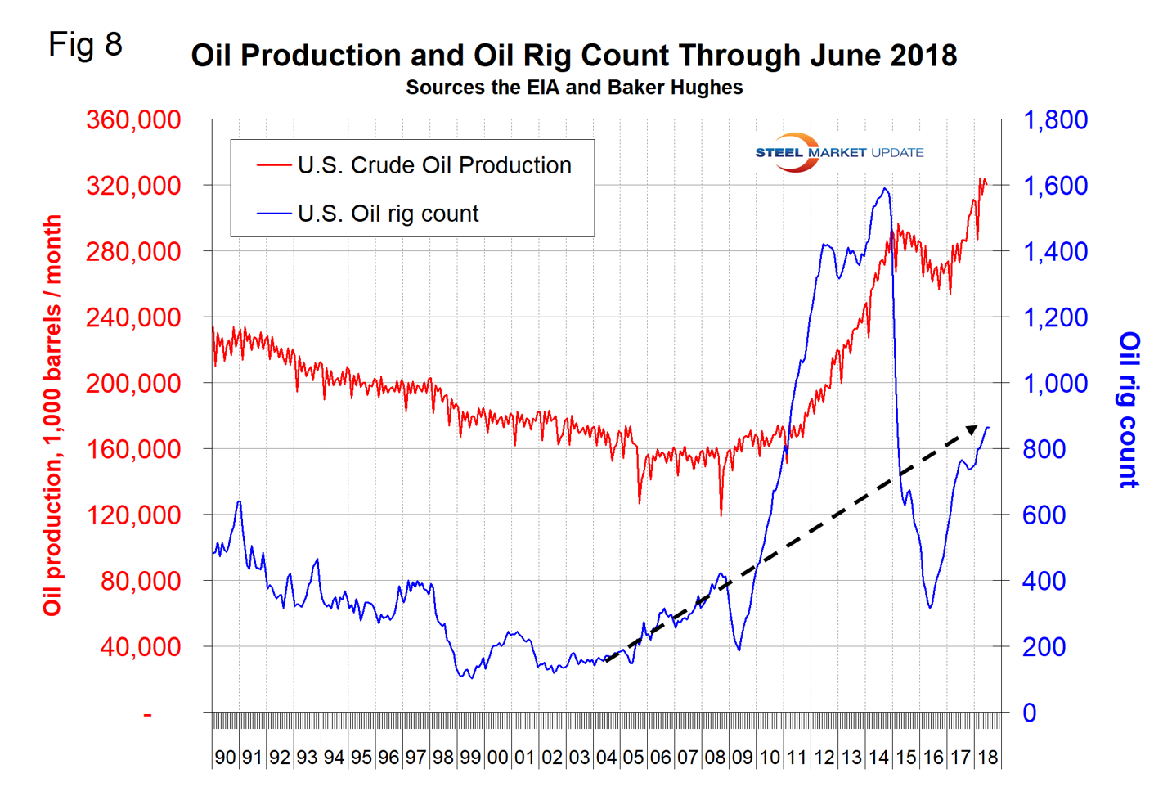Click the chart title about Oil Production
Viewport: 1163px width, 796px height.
click(x=573, y=56)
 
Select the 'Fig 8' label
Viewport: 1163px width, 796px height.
click(x=85, y=44)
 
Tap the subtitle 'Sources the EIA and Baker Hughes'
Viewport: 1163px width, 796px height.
click(x=573, y=88)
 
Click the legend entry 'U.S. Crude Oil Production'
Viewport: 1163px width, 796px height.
click(x=433, y=165)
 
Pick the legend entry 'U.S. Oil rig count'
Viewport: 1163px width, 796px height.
click(x=388, y=214)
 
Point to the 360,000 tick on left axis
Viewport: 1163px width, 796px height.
click(x=133, y=119)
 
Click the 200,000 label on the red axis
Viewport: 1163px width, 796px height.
click(x=133, y=383)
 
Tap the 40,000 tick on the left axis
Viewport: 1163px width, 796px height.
click(x=140, y=647)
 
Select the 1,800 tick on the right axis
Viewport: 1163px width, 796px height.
click(x=1055, y=119)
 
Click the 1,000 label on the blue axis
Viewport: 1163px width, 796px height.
click(x=1055, y=383)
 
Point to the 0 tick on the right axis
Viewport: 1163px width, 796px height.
click(x=1030, y=713)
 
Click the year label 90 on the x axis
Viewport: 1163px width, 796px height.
click(x=225, y=758)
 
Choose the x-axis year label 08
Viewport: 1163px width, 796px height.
click(x=715, y=758)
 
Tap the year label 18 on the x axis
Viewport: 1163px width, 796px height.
click(x=987, y=758)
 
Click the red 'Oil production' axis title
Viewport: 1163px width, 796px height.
click(x=52, y=415)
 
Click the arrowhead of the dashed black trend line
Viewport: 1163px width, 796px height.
click(x=972, y=429)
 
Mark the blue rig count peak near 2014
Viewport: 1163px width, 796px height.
click(x=884, y=189)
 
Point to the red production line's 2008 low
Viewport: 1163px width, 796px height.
click(x=721, y=515)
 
